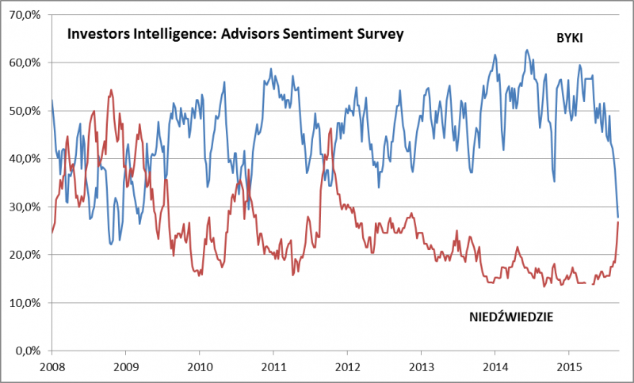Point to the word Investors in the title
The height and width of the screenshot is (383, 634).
pos(97,35)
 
